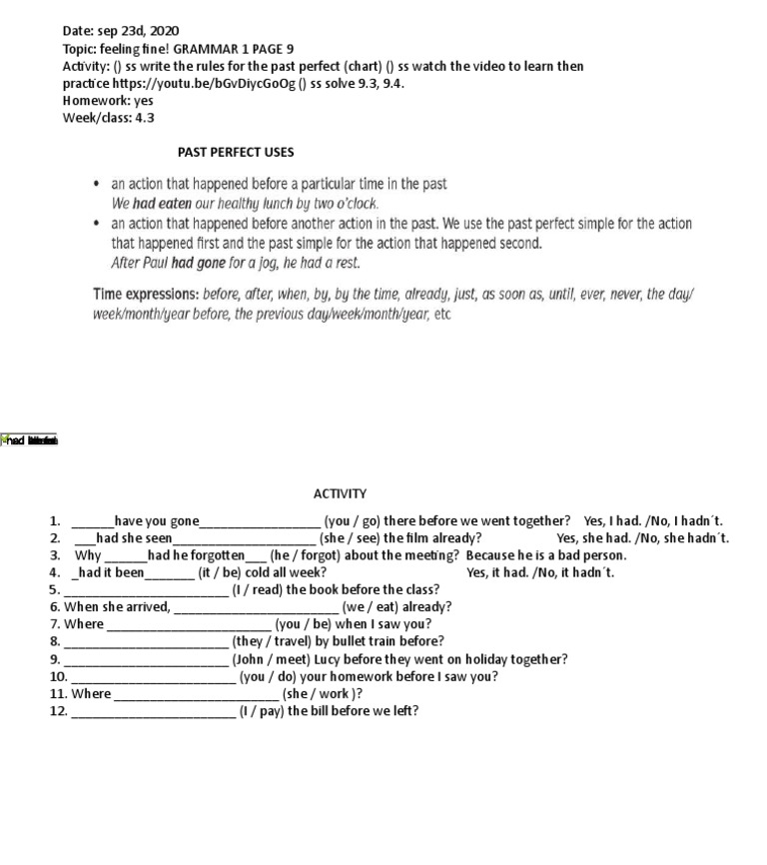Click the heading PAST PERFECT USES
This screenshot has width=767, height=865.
tap(236, 153)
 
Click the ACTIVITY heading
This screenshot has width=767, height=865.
tap(340, 493)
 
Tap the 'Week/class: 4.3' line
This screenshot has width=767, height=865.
tap(108, 118)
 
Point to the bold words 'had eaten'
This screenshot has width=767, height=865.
tap(157, 203)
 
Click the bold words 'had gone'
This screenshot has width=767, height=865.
tap(196, 264)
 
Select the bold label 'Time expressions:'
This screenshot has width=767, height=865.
tap(146, 295)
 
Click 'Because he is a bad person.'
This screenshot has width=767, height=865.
tap(546, 555)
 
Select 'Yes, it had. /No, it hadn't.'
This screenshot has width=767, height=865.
tap(540, 572)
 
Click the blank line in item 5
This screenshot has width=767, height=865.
tap(146, 590)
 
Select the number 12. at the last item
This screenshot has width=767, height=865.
tap(58, 711)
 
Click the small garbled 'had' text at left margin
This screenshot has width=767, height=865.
tap(30, 439)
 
